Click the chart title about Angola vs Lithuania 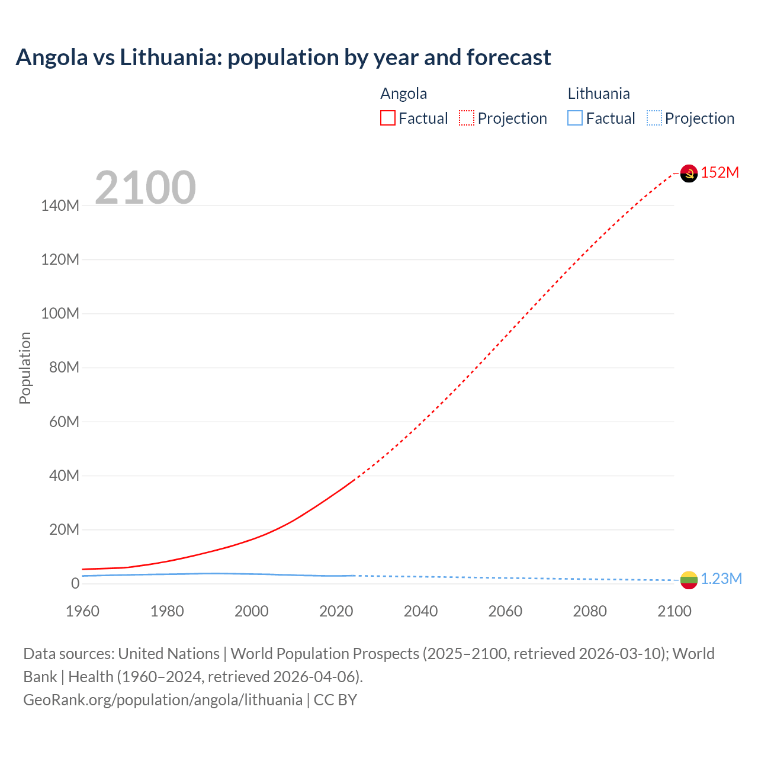pos(283,57)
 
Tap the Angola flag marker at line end pos(689,173)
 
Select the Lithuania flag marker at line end pos(689,580)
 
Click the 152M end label pos(720,172)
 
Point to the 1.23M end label pos(721,579)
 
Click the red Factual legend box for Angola pos(388,118)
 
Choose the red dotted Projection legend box pos(467,118)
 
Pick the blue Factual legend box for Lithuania pos(575,118)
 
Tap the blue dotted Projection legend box pos(654,118)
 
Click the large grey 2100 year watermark pos(146,188)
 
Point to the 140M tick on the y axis pos(60,205)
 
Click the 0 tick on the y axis pos(75,583)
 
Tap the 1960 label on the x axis pos(82,611)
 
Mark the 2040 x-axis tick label pos(420,611)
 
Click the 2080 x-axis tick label pos(590,611)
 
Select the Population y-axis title pos(25,368)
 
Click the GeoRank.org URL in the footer pos(163,700)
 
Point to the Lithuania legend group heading pos(598,94)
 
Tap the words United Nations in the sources pos(169,654)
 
